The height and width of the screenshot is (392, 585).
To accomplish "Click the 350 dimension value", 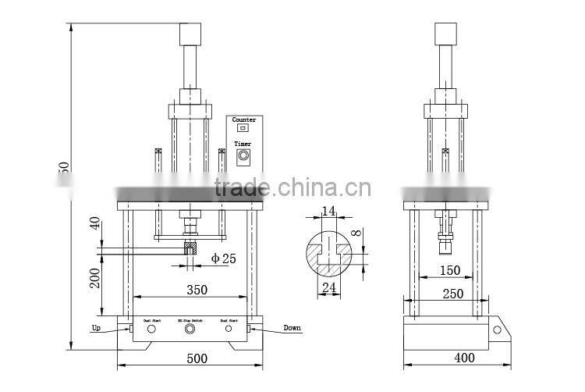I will pyautogui.click(x=197, y=290).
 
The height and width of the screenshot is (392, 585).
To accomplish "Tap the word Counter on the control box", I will pyautogui.click(x=244, y=119).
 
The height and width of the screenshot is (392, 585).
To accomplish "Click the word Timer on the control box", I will pyautogui.click(x=243, y=144).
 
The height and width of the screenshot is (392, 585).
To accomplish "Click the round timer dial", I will pyautogui.click(x=243, y=156).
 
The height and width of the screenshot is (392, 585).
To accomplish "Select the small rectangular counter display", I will pyautogui.click(x=243, y=128).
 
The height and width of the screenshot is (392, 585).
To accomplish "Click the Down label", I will pyautogui.click(x=292, y=328).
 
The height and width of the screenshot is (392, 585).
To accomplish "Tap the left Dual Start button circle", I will pyautogui.click(x=151, y=330).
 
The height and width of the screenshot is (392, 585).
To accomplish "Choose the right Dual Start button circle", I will pyautogui.click(x=229, y=330).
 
